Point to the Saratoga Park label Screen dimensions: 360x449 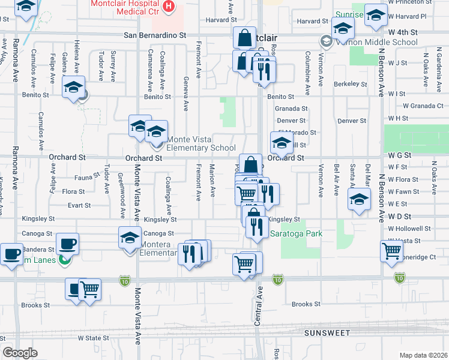296,233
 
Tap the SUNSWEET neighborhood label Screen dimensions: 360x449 326,332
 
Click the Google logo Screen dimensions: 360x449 20,353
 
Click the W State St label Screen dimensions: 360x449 94,338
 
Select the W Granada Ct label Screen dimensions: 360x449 423,106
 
